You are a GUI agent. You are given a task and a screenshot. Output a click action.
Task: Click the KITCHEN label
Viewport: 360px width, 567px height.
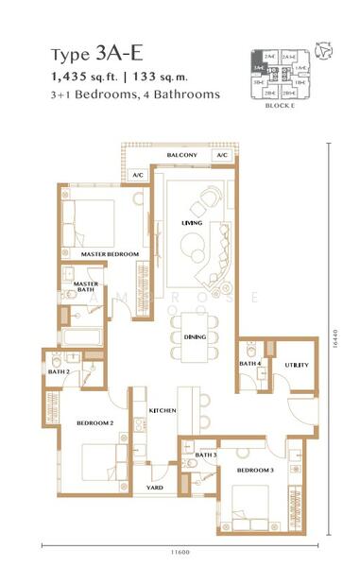click(163, 410)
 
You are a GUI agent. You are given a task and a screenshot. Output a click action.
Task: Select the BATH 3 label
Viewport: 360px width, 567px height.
click(206, 455)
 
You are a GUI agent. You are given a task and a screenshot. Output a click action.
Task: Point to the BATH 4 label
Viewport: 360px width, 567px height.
click(249, 363)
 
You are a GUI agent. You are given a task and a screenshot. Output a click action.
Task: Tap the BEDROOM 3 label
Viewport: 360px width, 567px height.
click(254, 470)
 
